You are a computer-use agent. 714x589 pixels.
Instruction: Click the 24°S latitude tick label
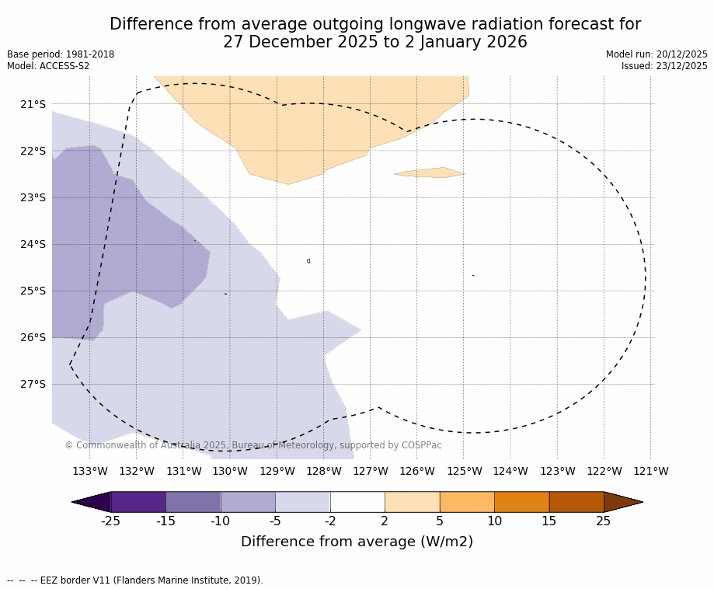pos(32,244)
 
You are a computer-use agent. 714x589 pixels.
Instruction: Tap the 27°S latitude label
pos(32,384)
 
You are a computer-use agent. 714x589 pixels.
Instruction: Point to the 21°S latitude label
pos(32,104)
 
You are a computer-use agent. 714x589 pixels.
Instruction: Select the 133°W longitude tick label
pos(89,471)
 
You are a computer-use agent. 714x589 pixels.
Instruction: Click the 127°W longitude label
pos(370,471)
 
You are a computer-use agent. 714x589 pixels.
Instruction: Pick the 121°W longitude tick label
pos(650,471)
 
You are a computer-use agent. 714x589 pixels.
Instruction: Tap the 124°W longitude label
pos(510,471)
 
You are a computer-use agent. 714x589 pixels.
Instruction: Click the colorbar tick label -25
pos(111,521)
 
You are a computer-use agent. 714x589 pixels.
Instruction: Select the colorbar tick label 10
pos(494,521)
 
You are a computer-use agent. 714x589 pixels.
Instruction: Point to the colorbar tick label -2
pos(330,521)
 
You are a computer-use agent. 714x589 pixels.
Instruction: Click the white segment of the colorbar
pos(357,502)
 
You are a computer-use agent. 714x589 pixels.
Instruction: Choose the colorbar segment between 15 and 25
pos(576,502)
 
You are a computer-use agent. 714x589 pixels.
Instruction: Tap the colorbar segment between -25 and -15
pos(138,502)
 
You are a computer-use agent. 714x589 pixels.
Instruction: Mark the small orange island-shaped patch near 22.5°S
pos(430,173)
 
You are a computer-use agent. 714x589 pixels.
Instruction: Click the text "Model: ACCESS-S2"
pos(48,66)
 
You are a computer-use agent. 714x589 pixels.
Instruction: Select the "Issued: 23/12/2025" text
pos(664,66)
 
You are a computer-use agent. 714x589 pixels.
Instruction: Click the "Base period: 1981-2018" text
pos(61,54)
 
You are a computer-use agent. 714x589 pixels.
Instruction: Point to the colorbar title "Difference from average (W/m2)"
pos(357,542)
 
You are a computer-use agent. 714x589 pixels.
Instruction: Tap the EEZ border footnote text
pos(135,580)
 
